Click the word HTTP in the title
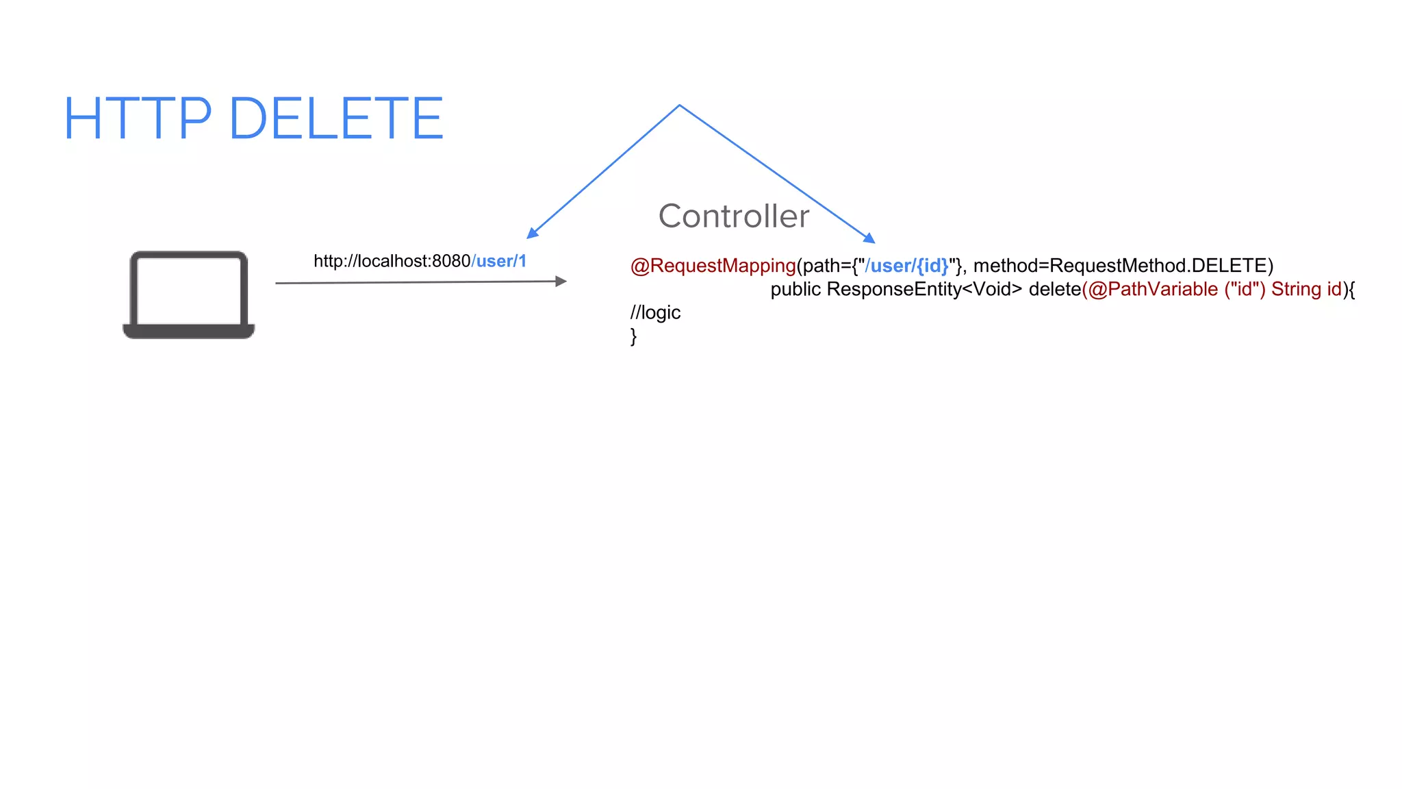pyautogui.click(x=138, y=119)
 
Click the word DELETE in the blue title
pyautogui.click(x=336, y=119)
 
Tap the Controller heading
pyautogui.click(x=733, y=216)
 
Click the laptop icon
pyautogui.click(x=189, y=295)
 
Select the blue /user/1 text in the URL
pyautogui.click(x=499, y=261)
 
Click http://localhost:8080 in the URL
pyautogui.click(x=392, y=261)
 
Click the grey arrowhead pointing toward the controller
pyautogui.click(x=561, y=281)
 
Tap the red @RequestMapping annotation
pyautogui.click(x=713, y=266)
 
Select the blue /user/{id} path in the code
pyautogui.click(x=906, y=266)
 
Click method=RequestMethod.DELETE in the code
pyautogui.click(x=1123, y=266)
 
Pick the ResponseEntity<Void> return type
pyautogui.click(x=923, y=289)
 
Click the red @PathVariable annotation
pyautogui.click(x=1153, y=289)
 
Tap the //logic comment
pyautogui.click(x=655, y=312)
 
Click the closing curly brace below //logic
pyautogui.click(x=633, y=336)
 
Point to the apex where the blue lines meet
pyautogui.click(x=679, y=105)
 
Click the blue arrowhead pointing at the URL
pyautogui.click(x=532, y=234)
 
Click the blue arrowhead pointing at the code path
pyautogui.click(x=869, y=238)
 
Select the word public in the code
pyautogui.click(x=795, y=289)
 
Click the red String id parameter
pyautogui.click(x=1305, y=289)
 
